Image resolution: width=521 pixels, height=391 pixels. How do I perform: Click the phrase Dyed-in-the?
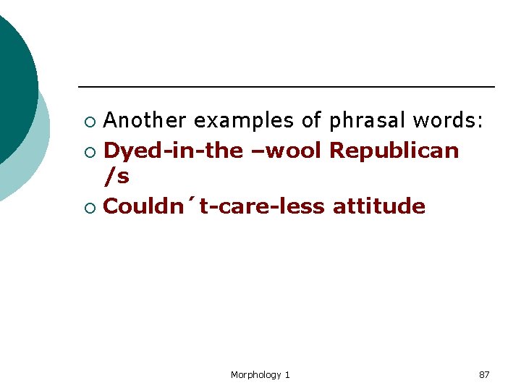click(174, 151)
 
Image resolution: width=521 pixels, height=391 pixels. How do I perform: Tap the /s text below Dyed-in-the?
click(117, 177)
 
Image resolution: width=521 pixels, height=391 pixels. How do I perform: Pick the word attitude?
click(378, 206)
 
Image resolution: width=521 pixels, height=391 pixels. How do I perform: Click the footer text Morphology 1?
click(260, 374)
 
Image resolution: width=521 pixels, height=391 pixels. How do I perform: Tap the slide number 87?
click(484, 374)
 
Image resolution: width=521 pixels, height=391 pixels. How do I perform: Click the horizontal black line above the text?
click(286, 87)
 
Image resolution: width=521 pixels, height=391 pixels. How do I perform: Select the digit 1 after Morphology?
click(287, 374)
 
